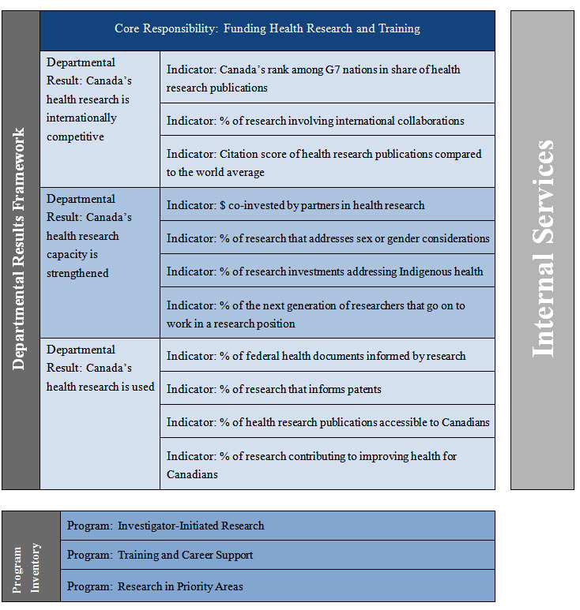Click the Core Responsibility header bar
(267, 29)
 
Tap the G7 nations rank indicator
(327, 78)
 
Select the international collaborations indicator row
(327, 121)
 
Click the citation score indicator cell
(327, 163)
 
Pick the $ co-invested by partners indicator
(327, 205)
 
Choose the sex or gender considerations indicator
(327, 238)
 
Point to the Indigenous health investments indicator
(327, 271)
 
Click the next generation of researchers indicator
(327, 314)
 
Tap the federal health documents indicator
(327, 356)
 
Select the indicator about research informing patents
(327, 389)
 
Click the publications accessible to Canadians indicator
(327, 422)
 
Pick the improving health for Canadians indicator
(327, 465)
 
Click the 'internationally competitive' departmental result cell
(100, 118)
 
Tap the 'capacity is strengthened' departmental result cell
(100, 262)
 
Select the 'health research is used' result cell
(100, 414)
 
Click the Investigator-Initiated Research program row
(277, 526)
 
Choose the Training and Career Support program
(277, 555)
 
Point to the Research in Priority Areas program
(277, 586)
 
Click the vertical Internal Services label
(542, 249)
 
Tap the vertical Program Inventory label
(31, 556)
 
